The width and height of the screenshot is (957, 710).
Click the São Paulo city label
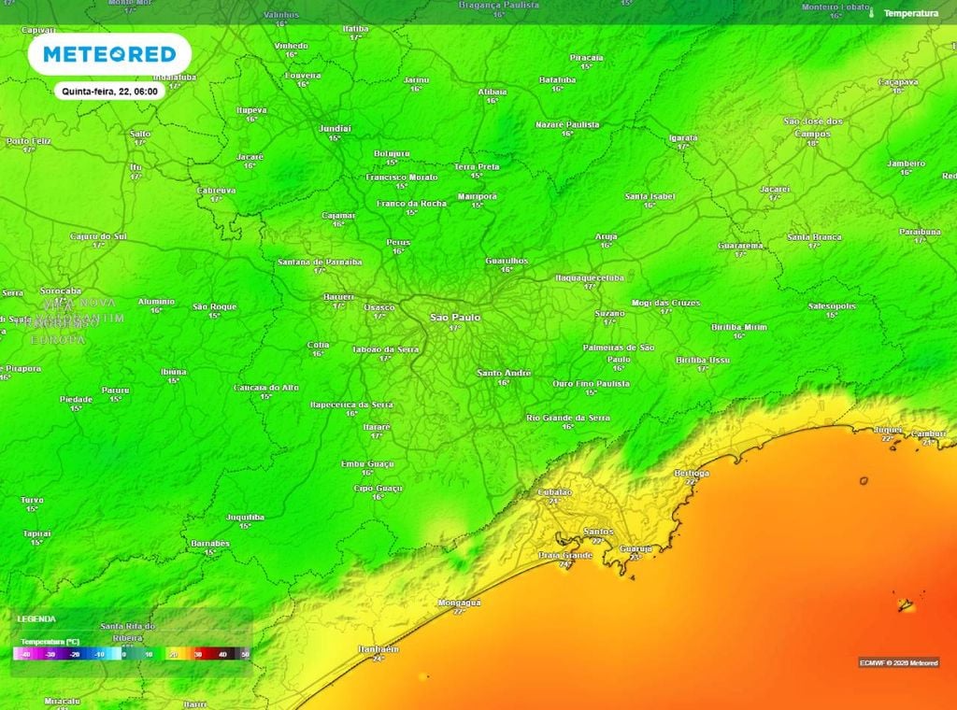coord(455,318)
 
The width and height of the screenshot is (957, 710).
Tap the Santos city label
coord(597,532)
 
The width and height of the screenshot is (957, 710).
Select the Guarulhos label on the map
coord(507,261)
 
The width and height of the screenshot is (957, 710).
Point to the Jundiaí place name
coord(335,128)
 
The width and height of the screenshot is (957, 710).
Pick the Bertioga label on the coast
coord(692,474)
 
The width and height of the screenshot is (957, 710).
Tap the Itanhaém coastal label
coord(379,648)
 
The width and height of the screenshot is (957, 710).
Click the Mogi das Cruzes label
coord(665,303)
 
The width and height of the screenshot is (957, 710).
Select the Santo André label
coord(504,373)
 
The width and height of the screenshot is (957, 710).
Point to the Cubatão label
coord(554,492)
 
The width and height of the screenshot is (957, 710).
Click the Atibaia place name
coord(493,92)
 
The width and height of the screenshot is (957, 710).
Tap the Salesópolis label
coord(832,305)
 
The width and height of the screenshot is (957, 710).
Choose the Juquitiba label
coord(245,517)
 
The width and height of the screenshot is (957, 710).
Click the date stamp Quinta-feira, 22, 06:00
coord(109,92)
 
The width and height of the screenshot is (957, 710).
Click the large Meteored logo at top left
coord(109,55)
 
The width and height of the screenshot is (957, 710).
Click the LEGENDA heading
coord(36,618)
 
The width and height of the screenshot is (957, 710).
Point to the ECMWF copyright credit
coord(898,662)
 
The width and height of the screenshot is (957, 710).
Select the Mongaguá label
coord(458,603)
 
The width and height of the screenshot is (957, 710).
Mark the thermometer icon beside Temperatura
coord(870,13)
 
